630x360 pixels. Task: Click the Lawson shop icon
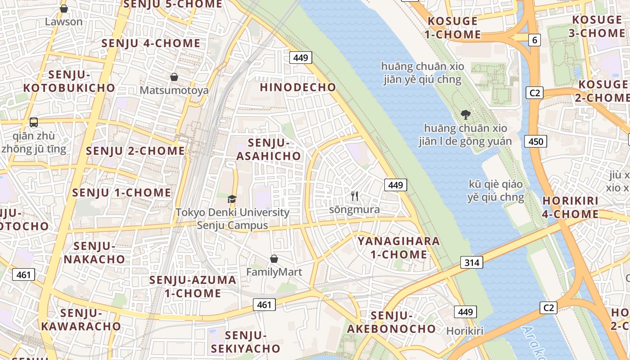pos(64,9)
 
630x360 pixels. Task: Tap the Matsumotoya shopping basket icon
pos(174,77)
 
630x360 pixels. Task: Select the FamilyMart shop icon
pos(274,259)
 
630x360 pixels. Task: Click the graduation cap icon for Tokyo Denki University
pos(232,199)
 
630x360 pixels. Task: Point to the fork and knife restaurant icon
pos(355,196)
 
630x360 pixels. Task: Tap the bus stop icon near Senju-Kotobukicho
pos(34,122)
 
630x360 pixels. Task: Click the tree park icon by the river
pos(466,115)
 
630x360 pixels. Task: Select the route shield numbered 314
pos(472,262)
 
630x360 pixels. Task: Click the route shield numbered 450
pos(536,142)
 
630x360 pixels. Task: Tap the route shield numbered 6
pos(534,40)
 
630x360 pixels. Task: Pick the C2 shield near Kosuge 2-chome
pos(535,93)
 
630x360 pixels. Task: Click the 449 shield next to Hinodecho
pos(301,58)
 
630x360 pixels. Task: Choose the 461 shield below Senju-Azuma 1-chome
pos(264,305)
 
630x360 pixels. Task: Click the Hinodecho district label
pos(298,87)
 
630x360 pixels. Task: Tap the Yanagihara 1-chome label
pos(399,247)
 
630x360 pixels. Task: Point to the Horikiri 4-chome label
pos(570,207)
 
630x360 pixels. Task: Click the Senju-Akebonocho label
pos(391,322)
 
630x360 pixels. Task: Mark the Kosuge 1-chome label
pos(454,28)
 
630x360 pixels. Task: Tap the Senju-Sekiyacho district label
pos(246,342)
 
